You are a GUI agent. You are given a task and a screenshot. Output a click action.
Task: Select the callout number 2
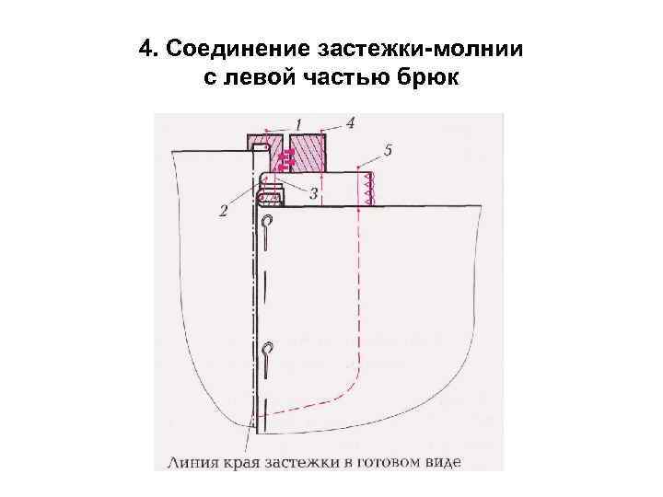pos(224,211)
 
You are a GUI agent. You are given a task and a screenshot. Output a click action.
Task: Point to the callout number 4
pos(352,121)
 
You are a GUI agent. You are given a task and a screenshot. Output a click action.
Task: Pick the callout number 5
pos(389,150)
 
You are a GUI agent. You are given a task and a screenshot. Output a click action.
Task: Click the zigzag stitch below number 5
pos(367,190)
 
